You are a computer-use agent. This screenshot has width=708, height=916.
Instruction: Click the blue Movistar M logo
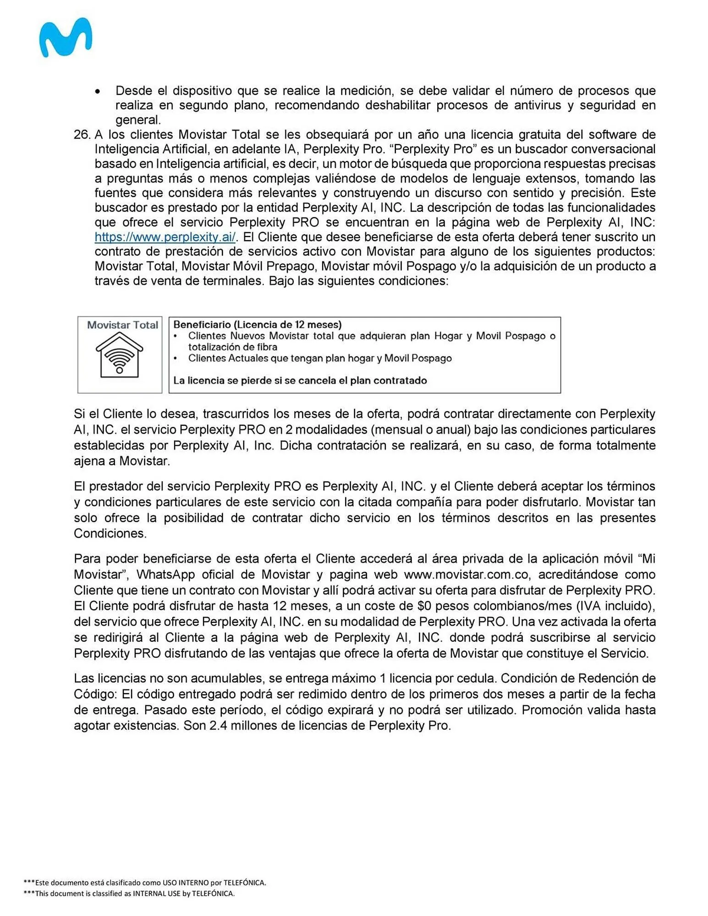coord(66,38)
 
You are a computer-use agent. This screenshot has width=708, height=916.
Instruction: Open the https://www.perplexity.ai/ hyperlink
coord(165,237)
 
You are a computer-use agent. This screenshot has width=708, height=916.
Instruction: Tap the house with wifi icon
coord(119,355)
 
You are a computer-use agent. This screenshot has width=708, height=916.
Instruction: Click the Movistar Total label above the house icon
coord(122,325)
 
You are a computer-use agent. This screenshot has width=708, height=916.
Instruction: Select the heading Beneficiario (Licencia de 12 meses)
coord(257,324)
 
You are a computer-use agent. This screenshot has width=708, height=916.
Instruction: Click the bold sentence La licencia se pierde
coord(300,380)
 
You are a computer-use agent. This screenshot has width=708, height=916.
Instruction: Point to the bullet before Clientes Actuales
coord(176,359)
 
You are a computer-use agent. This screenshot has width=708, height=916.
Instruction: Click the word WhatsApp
coord(166,574)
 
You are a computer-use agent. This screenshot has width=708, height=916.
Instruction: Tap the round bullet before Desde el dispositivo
coord(98,92)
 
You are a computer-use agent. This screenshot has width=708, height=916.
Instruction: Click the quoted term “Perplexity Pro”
coord(433,149)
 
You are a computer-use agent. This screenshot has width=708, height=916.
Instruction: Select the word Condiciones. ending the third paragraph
coord(110,534)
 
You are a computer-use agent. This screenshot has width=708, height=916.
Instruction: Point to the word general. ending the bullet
coord(138,120)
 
